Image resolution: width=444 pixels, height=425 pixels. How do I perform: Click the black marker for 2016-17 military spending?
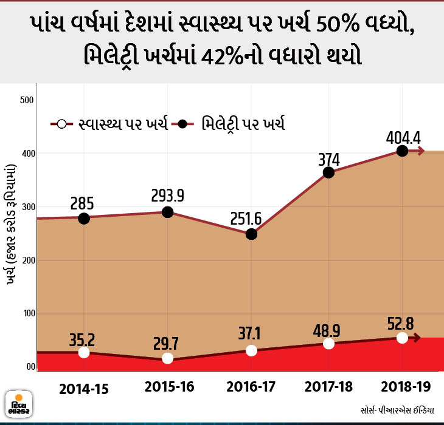(x=251, y=234)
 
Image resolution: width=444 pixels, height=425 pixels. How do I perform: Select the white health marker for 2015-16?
(x=167, y=358)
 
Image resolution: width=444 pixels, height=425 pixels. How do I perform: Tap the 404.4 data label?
(x=403, y=138)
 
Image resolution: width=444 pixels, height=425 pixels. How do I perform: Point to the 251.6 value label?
(x=246, y=219)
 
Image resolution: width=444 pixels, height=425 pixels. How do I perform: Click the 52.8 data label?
(x=400, y=324)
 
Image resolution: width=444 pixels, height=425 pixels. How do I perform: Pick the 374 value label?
(x=329, y=160)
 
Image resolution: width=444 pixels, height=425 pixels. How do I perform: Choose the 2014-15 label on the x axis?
(x=84, y=389)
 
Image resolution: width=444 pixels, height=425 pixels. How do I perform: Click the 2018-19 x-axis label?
(x=406, y=387)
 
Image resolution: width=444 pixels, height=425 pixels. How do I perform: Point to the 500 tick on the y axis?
(x=27, y=100)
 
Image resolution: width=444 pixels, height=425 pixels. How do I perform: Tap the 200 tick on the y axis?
(x=29, y=260)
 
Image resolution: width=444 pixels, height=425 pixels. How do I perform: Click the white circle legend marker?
(x=61, y=124)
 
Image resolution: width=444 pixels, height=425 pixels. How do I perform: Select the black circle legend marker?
(x=182, y=124)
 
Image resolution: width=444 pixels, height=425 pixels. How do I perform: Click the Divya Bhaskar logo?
(x=19, y=404)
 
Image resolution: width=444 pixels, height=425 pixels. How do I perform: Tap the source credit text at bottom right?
(x=398, y=410)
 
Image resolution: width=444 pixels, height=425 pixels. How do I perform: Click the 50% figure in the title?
(x=337, y=24)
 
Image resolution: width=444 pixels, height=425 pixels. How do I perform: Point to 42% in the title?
(x=223, y=56)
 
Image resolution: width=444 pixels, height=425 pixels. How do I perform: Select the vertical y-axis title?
(x=11, y=225)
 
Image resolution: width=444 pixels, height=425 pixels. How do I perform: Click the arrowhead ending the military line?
(x=421, y=151)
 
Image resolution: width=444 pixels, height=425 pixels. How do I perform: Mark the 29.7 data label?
(x=166, y=344)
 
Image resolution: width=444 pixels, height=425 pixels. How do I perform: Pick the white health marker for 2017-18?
(x=328, y=344)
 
